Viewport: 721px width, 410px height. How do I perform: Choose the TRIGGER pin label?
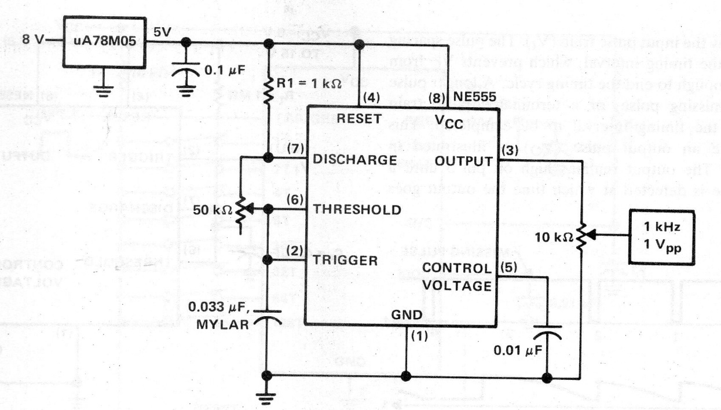[x=345, y=261]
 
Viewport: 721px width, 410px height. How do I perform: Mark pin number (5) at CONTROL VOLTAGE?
[x=506, y=268]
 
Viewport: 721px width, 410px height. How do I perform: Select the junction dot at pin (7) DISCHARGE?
[x=268, y=158]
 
